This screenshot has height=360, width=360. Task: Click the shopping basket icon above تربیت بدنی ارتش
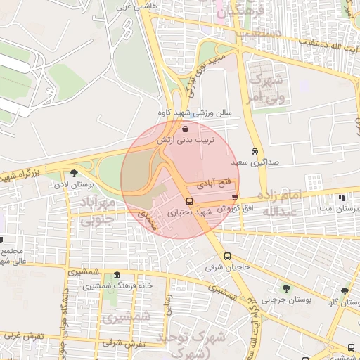coord(185,129)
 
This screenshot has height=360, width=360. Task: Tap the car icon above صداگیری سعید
coord(255,151)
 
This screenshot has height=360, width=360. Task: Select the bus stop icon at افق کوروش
coord(234,198)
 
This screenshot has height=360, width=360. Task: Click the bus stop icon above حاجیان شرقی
coord(227,257)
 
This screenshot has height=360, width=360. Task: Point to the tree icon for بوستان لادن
coord(74,173)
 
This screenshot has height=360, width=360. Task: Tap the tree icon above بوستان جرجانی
coord(285,288)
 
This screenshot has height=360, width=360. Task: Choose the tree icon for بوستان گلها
coord(345,291)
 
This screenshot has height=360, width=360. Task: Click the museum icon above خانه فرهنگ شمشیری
coord(116,275)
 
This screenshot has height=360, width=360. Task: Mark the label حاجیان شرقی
coord(222,268)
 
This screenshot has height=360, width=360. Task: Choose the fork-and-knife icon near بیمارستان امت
coord(341,198)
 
